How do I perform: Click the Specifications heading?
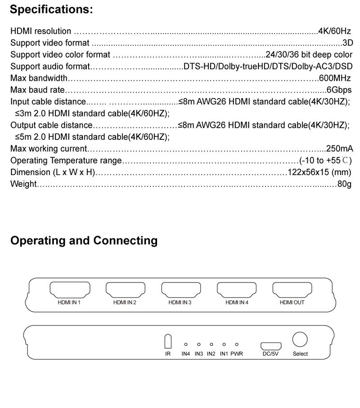[51, 10]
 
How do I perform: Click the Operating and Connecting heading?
[84, 241]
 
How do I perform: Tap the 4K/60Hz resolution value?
[334, 31]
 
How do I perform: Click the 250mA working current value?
[339, 149]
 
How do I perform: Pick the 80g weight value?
[344, 184]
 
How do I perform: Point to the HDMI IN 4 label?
[237, 302]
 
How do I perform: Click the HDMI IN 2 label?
[125, 302]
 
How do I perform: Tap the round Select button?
[300, 340]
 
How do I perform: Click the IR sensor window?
[168, 341]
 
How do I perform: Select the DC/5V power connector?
[270, 346]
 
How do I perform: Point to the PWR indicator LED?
[237, 344]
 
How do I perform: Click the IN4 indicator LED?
[185, 344]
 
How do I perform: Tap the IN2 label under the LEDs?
[211, 354]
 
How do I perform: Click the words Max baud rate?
[37, 90]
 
